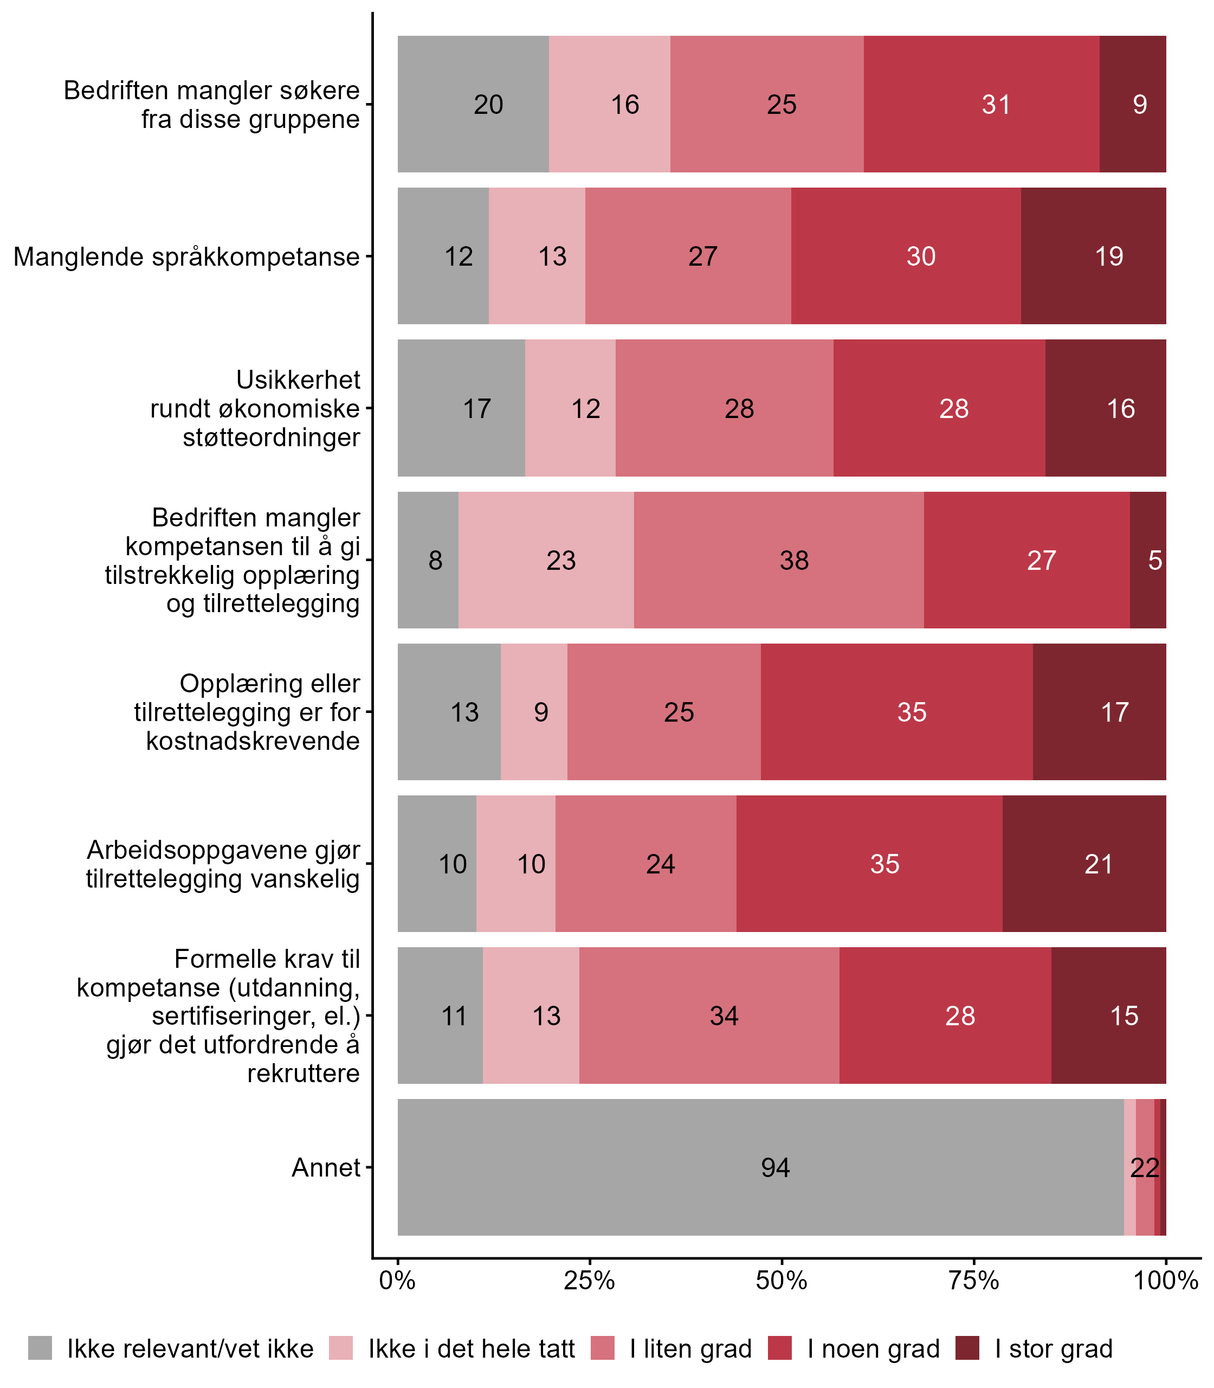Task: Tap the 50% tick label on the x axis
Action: (x=782, y=1280)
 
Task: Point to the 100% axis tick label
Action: (x=1166, y=1280)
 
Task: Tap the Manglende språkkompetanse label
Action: (x=186, y=257)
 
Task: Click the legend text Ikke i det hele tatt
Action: (x=472, y=1349)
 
